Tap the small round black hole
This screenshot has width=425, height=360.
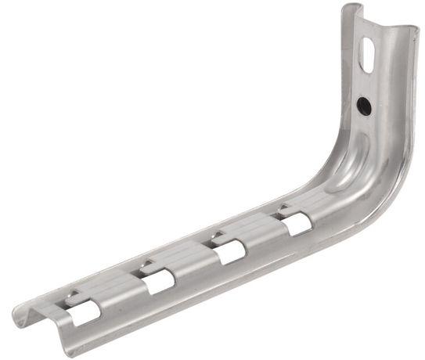pos(363,104)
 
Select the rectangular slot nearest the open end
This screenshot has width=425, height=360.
pos(84,312)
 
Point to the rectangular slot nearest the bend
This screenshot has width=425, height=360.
pos(297,224)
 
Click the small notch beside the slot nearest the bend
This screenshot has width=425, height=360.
pos(279,211)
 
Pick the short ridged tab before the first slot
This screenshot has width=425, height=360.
pos(55,310)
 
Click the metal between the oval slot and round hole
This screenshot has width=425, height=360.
pos(366,83)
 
